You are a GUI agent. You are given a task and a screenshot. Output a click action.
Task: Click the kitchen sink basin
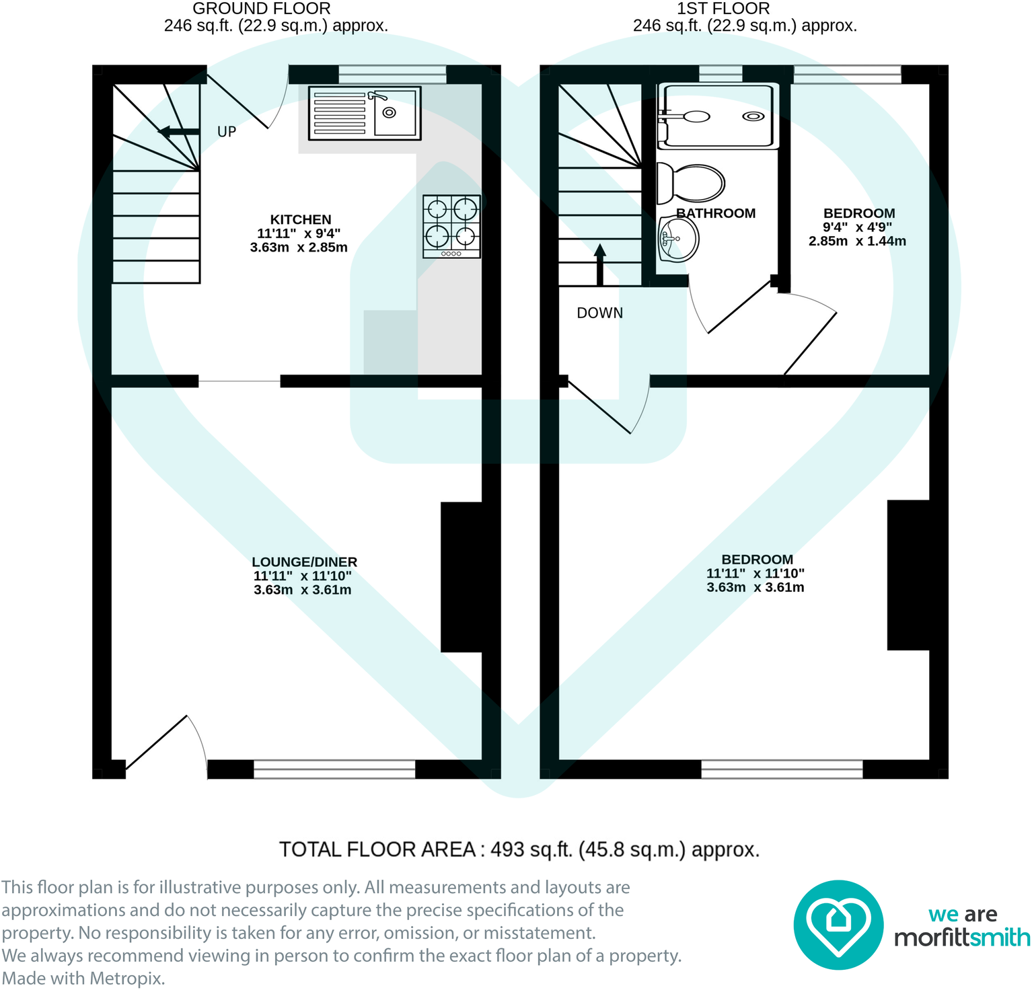(395, 112)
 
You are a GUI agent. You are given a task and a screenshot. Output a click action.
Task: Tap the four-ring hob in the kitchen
(451, 226)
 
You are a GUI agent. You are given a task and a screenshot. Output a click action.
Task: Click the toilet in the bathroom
(692, 183)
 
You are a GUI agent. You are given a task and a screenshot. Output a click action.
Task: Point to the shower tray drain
(753, 116)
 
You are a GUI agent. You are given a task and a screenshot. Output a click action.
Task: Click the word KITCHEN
(300, 220)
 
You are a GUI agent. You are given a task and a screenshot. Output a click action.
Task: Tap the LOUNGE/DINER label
(304, 562)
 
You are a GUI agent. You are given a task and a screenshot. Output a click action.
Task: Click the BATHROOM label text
(716, 213)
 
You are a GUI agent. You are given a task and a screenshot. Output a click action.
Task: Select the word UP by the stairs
(227, 132)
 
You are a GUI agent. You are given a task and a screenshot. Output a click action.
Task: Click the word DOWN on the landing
(599, 313)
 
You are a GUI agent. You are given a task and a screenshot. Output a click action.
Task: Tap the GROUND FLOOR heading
(261, 9)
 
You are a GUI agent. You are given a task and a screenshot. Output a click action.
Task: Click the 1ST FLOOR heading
(723, 9)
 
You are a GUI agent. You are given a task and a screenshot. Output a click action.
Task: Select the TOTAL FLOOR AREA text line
(519, 849)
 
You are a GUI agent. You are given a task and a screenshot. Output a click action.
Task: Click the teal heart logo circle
(838, 925)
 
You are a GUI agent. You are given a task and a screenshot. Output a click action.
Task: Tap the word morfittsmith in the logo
(961, 937)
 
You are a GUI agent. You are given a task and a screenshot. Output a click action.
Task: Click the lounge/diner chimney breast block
(462, 577)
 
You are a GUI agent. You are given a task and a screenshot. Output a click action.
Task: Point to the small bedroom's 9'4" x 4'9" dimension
(857, 227)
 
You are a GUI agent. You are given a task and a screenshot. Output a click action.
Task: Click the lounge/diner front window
(334, 769)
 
